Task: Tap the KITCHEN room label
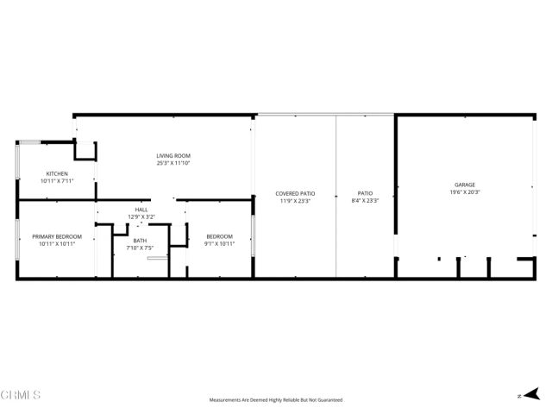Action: click(57, 173)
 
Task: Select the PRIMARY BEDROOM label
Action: click(57, 236)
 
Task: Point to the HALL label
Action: click(141, 210)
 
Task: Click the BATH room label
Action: click(140, 241)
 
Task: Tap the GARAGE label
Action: click(465, 185)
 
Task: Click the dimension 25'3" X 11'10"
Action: click(172, 163)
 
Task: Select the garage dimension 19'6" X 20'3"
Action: click(465, 192)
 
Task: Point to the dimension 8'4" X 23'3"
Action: click(366, 200)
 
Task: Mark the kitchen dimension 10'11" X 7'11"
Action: click(57, 181)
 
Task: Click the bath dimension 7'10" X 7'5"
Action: click(140, 248)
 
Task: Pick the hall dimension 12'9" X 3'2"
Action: click(141, 216)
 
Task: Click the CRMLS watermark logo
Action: click(21, 395)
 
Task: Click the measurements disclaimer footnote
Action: click(276, 400)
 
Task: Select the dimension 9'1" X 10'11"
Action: click(219, 243)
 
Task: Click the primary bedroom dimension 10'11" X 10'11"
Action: click(57, 243)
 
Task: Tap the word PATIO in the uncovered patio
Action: click(366, 193)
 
